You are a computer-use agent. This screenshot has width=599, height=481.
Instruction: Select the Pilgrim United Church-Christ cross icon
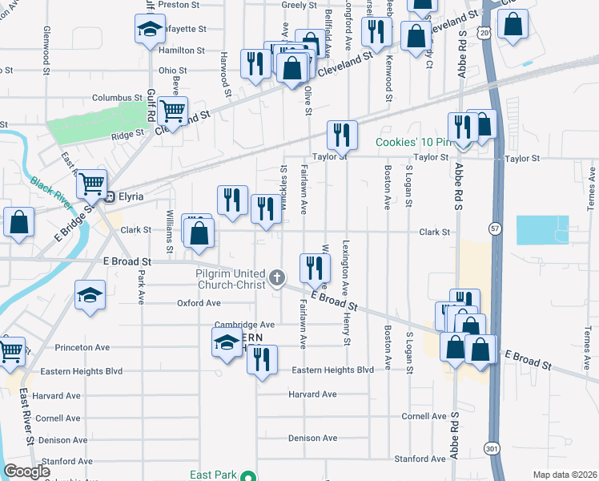[x=277, y=278]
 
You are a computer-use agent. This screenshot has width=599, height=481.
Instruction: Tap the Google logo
[x=27, y=471]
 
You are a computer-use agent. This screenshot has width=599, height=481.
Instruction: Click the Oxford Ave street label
[x=199, y=303]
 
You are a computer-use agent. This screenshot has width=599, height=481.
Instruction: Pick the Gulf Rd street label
[x=151, y=105]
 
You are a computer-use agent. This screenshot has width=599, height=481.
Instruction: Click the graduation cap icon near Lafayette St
[x=149, y=30]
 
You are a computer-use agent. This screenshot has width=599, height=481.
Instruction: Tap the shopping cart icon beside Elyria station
[x=91, y=184]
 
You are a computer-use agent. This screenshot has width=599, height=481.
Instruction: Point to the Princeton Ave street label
[x=82, y=347]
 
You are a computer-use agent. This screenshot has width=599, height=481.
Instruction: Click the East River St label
[x=26, y=417]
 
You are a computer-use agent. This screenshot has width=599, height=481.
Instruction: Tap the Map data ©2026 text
[x=565, y=475]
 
